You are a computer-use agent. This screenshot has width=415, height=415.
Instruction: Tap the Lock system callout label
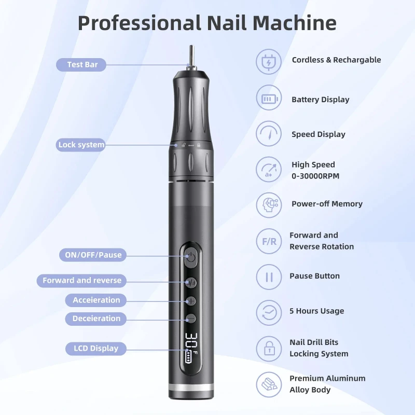pyautogui.click(x=81, y=145)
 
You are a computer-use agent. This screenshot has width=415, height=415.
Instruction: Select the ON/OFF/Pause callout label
pyautogui.click(x=93, y=255)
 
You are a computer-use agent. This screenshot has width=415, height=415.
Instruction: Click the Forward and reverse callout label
pyautogui.click(x=82, y=281)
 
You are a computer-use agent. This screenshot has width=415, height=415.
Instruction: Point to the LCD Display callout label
pyautogui.click(x=96, y=349)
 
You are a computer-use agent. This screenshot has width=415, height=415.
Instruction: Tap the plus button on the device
pyautogui.click(x=191, y=301)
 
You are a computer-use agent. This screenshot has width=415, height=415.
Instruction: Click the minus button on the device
pyautogui.click(x=191, y=319)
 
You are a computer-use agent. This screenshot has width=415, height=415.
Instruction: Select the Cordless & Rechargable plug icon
pyautogui.click(x=269, y=61)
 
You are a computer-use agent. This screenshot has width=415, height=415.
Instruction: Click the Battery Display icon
pyautogui.click(x=269, y=99)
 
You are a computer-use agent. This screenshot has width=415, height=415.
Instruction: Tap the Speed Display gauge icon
pyautogui.click(x=269, y=134)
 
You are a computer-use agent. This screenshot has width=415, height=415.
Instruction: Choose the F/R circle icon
pyautogui.click(x=269, y=241)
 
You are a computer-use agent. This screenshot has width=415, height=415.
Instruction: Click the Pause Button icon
pyautogui.click(x=269, y=276)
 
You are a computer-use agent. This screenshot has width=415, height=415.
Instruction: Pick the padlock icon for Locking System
pyautogui.click(x=269, y=349)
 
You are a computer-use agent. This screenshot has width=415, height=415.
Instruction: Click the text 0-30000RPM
pyautogui.click(x=315, y=176)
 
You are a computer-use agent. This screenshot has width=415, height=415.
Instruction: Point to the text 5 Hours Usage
pyautogui.click(x=316, y=311)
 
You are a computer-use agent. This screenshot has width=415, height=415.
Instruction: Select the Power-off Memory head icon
pyautogui.click(x=269, y=204)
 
